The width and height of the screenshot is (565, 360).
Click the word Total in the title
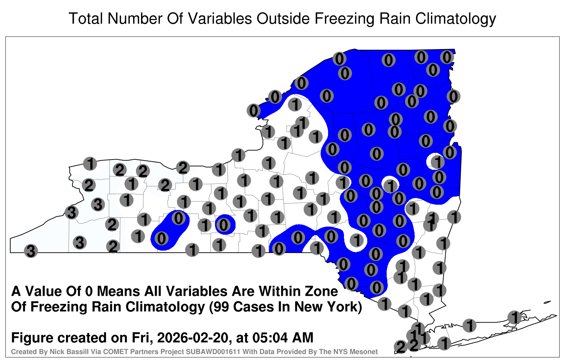point(85,18)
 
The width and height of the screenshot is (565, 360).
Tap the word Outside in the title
point(283,18)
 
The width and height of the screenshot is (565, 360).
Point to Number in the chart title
point(135,18)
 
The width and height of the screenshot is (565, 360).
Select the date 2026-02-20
point(192,338)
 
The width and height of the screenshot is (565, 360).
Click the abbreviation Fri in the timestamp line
point(144,338)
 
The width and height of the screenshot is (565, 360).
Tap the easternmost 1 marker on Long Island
point(515,317)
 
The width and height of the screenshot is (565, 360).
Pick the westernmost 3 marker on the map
point(31,251)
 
